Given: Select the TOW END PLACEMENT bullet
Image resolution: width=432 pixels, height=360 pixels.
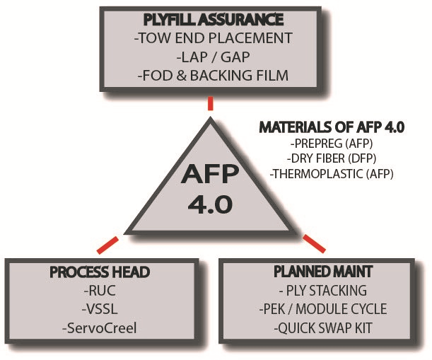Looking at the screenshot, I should click(211, 38).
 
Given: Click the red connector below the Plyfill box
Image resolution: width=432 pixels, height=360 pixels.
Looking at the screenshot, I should click(210, 103).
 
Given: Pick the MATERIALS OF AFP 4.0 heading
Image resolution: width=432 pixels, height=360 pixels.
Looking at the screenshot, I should click(331, 128).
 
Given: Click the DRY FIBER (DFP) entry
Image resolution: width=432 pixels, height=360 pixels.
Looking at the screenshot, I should click(331, 159).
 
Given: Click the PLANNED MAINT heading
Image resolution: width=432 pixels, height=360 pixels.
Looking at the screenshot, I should click(322, 271).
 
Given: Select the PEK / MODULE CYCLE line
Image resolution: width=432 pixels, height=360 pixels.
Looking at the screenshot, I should click(322, 309).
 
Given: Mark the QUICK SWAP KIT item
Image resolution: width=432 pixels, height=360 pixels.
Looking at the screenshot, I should click(322, 327).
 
